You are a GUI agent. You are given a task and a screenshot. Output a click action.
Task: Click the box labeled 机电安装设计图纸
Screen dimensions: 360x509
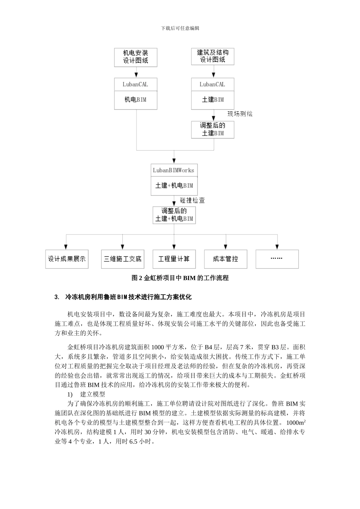pos(136,57)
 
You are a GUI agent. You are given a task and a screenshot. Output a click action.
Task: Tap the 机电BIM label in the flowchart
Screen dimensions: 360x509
pos(136,100)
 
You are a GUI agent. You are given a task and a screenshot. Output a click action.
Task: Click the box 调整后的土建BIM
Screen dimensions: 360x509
pos(213,129)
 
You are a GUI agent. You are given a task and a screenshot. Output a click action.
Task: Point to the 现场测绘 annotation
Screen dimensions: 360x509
pos(239,114)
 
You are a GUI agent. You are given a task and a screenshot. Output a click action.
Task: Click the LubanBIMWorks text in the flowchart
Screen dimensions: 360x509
pos(174,170)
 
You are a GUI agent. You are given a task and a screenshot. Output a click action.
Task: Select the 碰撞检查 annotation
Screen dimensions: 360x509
pos(193,200)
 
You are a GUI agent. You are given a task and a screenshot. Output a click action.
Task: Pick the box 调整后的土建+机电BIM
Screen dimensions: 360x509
pos(174,215)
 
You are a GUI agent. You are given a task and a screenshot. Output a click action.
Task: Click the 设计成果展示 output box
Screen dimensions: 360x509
pos(67,259)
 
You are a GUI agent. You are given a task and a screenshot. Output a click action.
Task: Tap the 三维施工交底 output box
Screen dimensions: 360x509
pos(122,259)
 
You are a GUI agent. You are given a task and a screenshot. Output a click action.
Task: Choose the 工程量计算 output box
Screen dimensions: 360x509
pos(174,259)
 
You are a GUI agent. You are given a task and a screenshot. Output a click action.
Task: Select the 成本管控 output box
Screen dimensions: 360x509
pos(225,259)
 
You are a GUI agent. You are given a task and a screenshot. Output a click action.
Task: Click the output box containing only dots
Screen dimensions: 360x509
pos(277,259)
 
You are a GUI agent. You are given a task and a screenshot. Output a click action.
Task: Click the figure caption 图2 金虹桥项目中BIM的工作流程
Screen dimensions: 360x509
pos(180,278)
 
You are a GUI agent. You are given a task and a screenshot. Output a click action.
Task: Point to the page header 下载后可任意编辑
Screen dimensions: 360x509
pos(180,28)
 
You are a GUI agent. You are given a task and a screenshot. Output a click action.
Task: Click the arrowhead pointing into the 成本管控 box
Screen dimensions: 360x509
pos(226,247)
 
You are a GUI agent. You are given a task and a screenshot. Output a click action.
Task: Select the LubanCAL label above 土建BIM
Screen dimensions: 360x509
pos(213,84)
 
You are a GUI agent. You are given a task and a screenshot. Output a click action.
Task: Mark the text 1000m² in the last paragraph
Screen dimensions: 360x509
pos(296,422)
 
